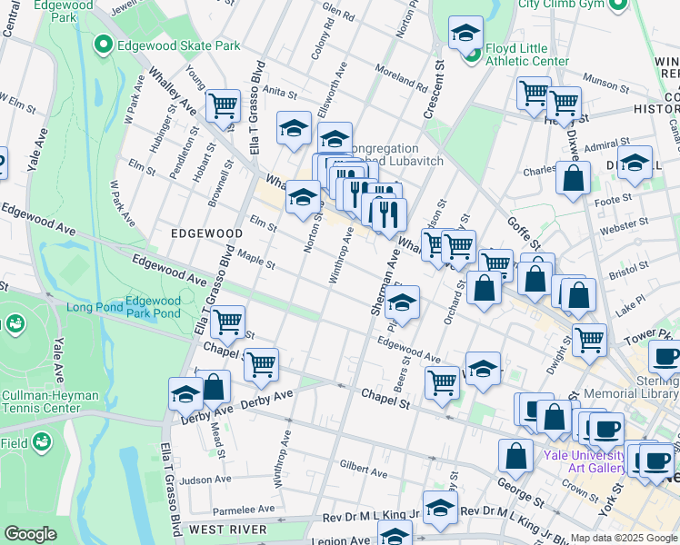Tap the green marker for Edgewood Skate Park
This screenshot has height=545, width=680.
(104, 44)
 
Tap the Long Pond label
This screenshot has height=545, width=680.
(93, 307)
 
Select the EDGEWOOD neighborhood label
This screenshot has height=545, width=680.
(206, 233)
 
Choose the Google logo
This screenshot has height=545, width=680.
(30, 534)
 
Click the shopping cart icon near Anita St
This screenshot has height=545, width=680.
(223, 105)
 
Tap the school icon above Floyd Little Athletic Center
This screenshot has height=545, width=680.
(465, 34)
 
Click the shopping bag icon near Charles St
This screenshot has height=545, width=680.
(573, 179)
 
